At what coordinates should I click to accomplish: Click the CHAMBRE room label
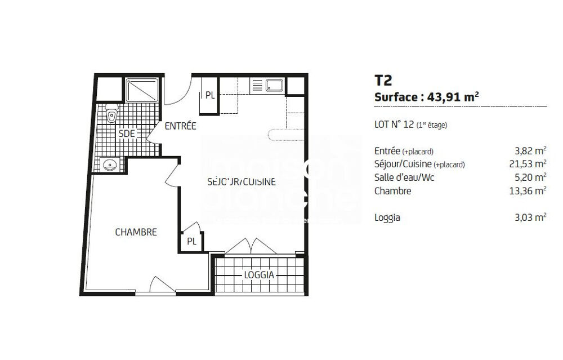[136, 232]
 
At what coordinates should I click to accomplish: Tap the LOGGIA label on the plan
[259, 275]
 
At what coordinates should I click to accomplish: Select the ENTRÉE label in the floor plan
[180, 126]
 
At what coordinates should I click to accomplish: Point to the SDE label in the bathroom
[126, 134]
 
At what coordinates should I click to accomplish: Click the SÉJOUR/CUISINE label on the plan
[241, 182]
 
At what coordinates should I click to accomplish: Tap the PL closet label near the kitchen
[209, 95]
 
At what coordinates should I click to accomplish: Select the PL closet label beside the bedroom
[191, 241]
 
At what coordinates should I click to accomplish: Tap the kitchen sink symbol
[275, 86]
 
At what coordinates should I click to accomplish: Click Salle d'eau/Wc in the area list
[404, 177]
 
